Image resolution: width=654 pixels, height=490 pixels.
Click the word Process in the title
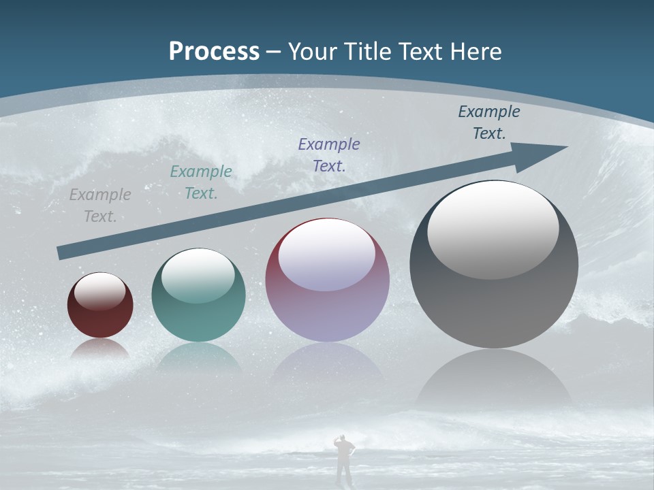[214, 52]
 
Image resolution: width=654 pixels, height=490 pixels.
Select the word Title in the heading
[366, 52]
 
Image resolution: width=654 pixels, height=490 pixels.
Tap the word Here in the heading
[477, 52]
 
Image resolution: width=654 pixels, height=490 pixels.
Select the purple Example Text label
[329, 154]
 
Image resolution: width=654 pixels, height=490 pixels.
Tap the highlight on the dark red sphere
[99, 291]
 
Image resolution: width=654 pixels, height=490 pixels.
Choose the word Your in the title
[311, 52]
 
